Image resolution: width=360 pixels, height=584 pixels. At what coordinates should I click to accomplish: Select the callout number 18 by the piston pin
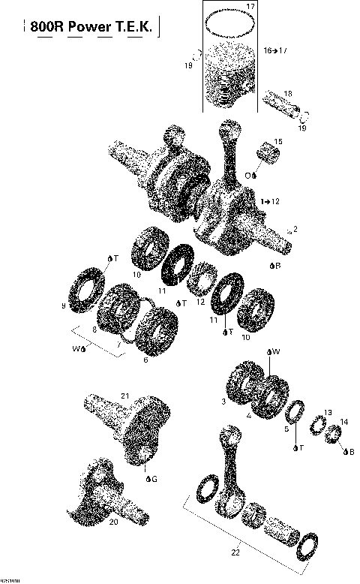288,94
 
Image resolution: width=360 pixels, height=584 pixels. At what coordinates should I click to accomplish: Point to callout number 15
277,142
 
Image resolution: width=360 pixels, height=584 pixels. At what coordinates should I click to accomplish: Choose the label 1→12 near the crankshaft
271,202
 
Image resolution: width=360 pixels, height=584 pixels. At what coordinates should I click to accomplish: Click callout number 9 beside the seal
63,306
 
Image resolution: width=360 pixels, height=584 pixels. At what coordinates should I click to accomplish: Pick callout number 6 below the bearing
145,360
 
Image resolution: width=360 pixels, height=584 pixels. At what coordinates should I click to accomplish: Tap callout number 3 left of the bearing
223,402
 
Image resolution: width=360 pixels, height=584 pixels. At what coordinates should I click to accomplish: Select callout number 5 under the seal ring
285,430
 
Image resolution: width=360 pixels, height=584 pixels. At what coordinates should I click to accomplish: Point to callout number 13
327,413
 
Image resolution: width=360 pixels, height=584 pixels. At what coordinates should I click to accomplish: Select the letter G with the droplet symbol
153,478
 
